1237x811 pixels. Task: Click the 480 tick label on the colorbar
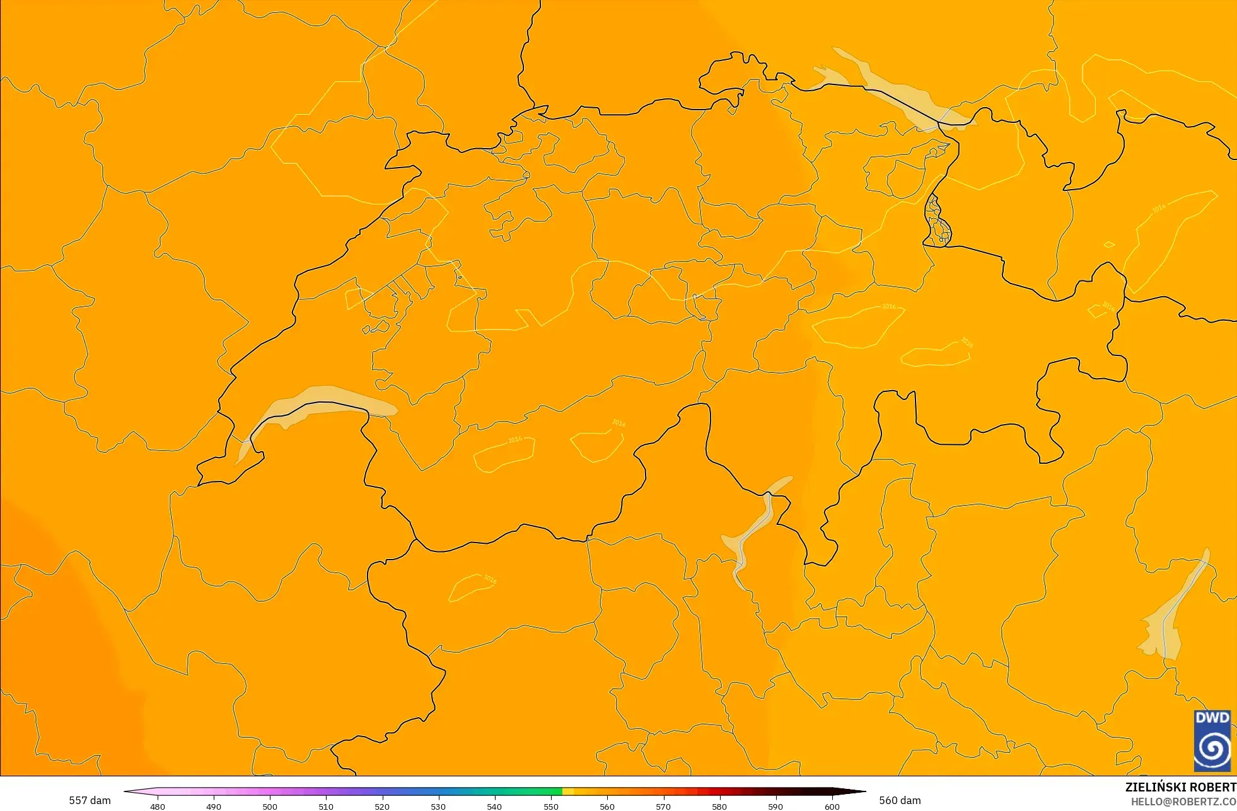tap(158, 806)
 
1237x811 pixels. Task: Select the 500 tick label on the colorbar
tap(270, 806)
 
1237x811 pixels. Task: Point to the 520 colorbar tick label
tap(382, 806)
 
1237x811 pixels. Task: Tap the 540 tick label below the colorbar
tap(494, 806)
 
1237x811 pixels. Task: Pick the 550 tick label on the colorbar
tap(551, 806)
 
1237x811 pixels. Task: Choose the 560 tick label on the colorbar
tap(607, 806)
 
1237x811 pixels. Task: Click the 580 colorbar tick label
tap(719, 806)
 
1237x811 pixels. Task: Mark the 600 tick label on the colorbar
tap(832, 806)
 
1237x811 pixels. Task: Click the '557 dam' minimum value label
tap(90, 800)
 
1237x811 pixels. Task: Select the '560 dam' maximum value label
tap(900, 800)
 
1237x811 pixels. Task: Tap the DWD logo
tap(1212, 740)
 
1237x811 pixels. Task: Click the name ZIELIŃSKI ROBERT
tap(1180, 787)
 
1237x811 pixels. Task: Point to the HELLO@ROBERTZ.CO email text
tap(1183, 802)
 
